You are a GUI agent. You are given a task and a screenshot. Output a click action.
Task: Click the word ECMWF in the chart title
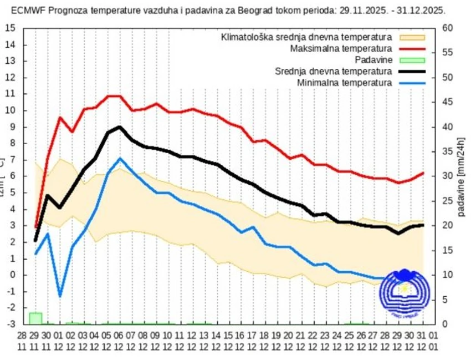pos(27,10)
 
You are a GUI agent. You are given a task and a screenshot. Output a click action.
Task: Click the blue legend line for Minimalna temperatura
pos(411,83)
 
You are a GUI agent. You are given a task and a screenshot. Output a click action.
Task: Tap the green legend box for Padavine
pos(411,60)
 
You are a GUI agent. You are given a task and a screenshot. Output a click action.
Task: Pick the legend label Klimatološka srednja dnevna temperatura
pos(306,38)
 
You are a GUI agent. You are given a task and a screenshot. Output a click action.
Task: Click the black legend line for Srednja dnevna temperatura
pos(411,72)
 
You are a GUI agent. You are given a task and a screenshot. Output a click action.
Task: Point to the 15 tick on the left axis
pos(11,28)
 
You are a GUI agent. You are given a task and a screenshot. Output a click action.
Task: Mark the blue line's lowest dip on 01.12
pos(60,296)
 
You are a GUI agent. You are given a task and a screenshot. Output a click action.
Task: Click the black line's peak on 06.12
pos(120,127)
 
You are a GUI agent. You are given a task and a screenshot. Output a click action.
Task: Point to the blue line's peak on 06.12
pos(120,159)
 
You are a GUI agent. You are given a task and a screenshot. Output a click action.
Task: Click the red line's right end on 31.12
pos(423,173)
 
